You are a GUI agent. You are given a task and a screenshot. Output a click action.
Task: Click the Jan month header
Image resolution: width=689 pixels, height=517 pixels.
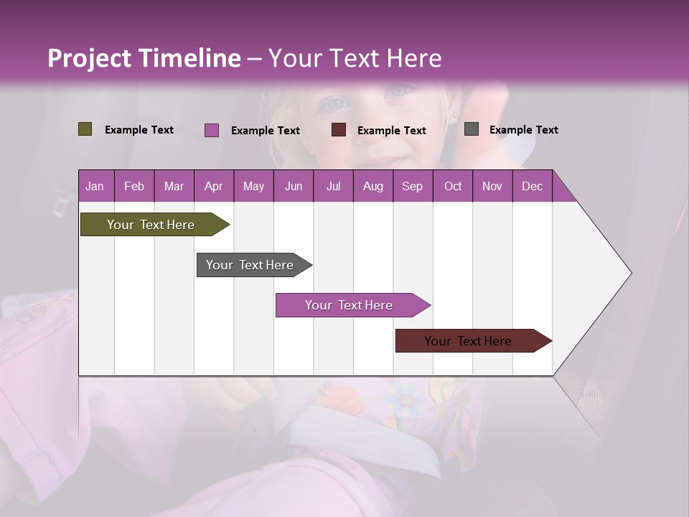click(95, 186)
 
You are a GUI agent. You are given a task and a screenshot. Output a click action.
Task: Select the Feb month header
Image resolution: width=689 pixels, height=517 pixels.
click(134, 186)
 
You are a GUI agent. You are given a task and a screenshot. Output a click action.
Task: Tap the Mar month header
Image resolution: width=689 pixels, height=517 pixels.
click(174, 186)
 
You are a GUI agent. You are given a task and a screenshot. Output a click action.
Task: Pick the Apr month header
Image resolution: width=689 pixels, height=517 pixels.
click(214, 186)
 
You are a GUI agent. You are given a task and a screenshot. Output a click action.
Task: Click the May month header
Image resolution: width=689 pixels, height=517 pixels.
click(253, 186)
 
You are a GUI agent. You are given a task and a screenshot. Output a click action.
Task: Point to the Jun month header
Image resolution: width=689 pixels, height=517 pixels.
click(294, 186)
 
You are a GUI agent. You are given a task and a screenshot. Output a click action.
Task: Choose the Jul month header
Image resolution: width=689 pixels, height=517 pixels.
click(333, 186)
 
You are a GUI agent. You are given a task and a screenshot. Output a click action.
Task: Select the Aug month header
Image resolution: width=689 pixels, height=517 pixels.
click(373, 186)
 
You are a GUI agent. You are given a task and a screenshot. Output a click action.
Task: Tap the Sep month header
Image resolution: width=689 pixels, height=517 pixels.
click(413, 186)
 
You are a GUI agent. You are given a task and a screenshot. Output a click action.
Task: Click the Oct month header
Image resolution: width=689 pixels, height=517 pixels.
click(453, 186)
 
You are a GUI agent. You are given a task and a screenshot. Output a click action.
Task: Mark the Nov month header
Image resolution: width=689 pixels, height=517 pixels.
click(492, 186)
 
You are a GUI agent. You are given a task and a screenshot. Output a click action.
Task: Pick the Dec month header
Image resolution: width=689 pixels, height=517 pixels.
click(533, 186)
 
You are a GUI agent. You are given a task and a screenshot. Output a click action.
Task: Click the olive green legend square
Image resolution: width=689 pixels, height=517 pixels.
click(85, 129)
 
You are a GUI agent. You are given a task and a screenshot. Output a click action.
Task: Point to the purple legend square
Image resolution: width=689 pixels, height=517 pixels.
click(212, 130)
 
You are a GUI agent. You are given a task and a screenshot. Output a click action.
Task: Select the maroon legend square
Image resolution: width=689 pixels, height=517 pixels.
click(339, 130)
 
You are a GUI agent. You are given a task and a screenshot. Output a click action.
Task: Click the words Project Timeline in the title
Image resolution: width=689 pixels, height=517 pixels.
click(144, 58)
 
